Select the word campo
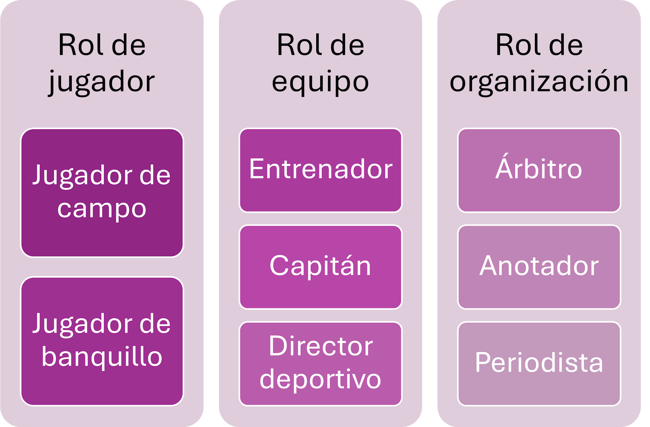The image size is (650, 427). (102, 209)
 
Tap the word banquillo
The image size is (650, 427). (102, 357)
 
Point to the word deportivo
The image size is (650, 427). (320, 379)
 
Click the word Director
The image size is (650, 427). (321, 346)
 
